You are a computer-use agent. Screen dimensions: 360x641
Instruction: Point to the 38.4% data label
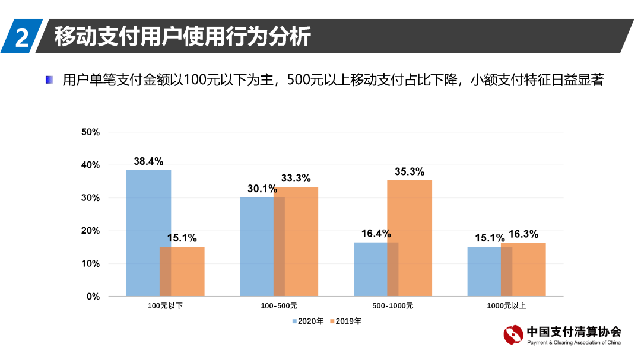[148, 161]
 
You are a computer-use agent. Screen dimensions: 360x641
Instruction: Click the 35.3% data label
[410, 171]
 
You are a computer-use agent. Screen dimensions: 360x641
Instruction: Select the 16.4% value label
[376, 234]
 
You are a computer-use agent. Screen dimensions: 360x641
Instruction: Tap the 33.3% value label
[296, 178]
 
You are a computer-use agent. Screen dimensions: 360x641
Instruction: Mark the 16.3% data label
[523, 234]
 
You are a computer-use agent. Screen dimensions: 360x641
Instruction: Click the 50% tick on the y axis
[90, 132]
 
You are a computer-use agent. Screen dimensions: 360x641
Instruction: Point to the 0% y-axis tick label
[93, 297]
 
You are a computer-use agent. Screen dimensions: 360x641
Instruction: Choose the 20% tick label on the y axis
[90, 231]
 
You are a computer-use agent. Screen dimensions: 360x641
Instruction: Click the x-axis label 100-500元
[279, 307]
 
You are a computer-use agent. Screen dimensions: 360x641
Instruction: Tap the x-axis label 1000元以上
[506, 307]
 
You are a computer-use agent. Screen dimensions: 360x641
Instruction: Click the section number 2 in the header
[22, 37]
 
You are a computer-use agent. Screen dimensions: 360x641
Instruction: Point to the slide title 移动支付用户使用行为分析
[183, 36]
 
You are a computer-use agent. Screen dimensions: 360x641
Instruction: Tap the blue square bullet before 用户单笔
[50, 79]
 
